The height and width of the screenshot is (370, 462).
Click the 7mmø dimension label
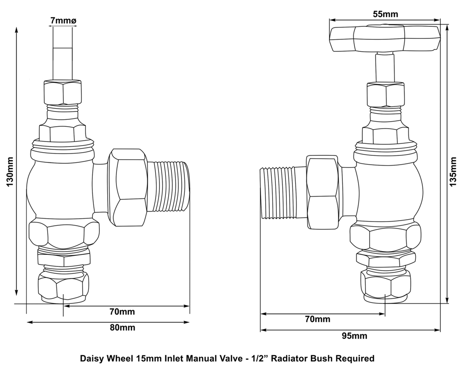63,20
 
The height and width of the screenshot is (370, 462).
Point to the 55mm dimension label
385,14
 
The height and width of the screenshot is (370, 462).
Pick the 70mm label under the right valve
318,319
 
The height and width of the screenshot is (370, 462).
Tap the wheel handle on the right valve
384,38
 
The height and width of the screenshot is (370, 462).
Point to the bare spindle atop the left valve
63,53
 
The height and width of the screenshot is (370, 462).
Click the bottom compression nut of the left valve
62,288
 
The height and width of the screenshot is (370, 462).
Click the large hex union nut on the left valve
128,187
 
